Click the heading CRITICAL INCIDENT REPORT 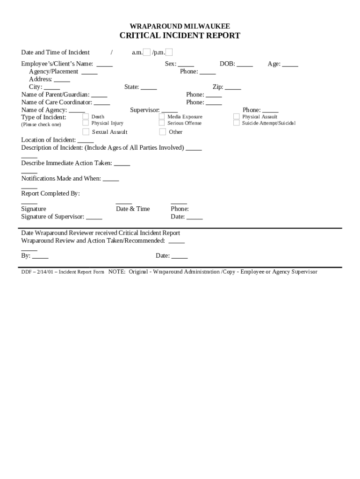pos(180,36)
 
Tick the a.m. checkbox pos(147,52)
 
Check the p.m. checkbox pos(169,52)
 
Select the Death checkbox pos(86,116)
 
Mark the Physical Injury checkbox pos(86,123)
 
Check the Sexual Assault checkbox pos(86,132)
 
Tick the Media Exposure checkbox pos(162,116)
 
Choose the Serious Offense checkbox pos(162,123)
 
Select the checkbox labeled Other pos(162,132)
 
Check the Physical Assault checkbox pos(237,116)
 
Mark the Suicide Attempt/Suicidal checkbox pos(237,123)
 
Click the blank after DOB pos(245,65)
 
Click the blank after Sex pos(186,65)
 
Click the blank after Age pos(290,65)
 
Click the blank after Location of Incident pos(86,140)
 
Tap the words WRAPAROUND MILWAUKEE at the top pos(180,26)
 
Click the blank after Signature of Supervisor pos(94,217)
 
